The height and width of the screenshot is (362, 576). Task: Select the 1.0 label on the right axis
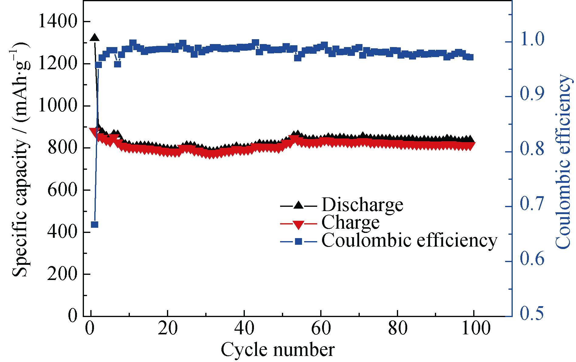point(532,39)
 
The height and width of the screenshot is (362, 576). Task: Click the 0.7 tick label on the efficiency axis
point(532,203)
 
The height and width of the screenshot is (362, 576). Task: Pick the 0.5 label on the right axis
point(532,313)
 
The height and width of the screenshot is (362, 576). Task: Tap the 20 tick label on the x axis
point(168,328)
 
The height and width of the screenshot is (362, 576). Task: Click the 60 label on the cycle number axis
point(321,328)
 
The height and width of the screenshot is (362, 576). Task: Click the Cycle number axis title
point(278,350)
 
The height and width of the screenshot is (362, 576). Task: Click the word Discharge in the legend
point(362,205)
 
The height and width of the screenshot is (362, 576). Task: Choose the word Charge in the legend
point(350,223)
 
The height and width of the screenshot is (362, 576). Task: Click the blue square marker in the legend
point(299,241)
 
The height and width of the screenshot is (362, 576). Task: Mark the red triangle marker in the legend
point(299,224)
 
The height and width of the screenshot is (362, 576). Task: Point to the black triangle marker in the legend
point(299,206)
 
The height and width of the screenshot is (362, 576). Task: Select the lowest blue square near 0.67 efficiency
point(95,224)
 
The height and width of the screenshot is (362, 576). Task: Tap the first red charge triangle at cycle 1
point(94,131)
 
